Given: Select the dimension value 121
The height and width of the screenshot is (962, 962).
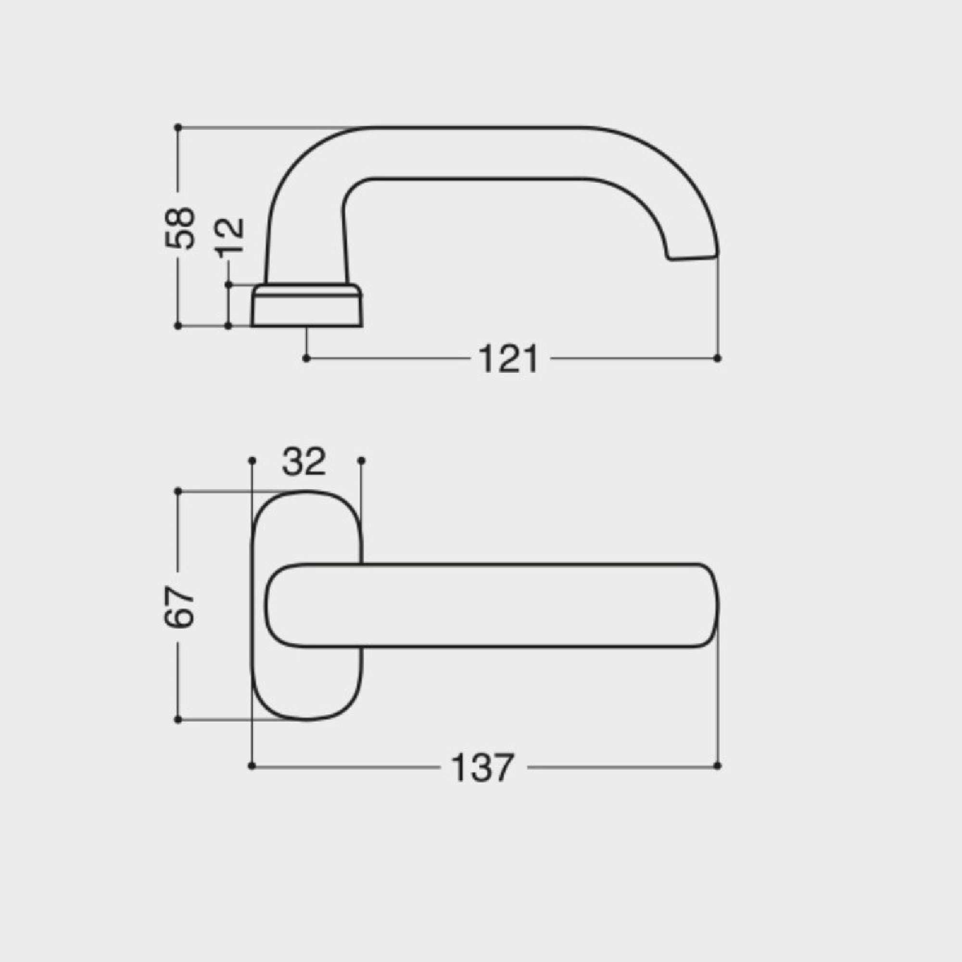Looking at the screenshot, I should (x=508, y=358).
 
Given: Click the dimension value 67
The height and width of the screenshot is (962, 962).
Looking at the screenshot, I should (x=179, y=606).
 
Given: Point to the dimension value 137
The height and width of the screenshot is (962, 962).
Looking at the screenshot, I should (x=482, y=767).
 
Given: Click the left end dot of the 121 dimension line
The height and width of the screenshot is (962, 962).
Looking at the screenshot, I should (x=306, y=358).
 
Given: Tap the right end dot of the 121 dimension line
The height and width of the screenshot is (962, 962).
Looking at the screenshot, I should (x=717, y=358).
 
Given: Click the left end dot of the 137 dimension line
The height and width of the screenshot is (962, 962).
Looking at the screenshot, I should (x=252, y=766).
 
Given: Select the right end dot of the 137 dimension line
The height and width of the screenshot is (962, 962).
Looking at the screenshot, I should (x=717, y=766).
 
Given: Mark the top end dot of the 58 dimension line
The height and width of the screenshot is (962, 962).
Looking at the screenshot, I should (x=178, y=127).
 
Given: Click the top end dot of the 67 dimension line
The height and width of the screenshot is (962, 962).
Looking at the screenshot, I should (x=178, y=491).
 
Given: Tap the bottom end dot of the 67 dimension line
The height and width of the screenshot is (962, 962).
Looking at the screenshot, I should (x=178, y=720).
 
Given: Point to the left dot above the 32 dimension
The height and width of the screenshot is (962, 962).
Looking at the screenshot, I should (x=252, y=460).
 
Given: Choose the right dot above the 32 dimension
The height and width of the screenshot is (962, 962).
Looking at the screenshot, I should (x=362, y=460).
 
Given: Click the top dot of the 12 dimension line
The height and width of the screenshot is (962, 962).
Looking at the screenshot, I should (x=228, y=284).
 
